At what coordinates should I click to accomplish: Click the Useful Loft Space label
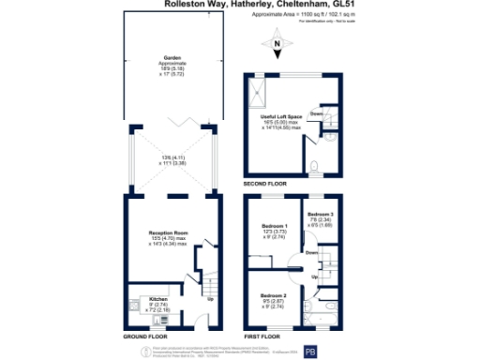pos(282,117)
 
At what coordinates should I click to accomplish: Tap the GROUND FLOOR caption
pos(145,336)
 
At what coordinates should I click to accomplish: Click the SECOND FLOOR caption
pos(268,185)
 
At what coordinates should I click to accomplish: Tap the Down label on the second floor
pos(318,114)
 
